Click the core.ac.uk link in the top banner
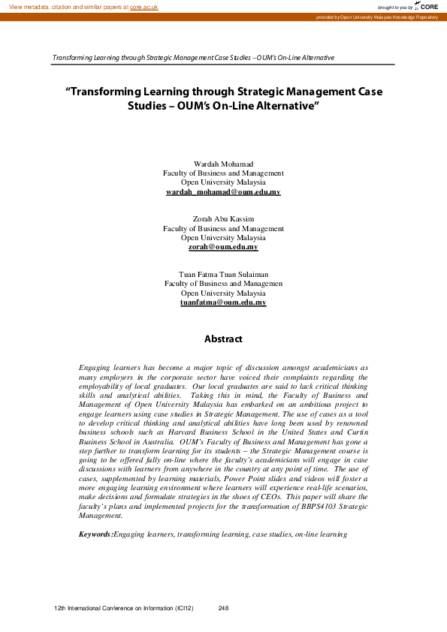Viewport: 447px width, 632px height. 143,6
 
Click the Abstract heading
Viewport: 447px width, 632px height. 223,339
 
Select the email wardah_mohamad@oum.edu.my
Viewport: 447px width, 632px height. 223,192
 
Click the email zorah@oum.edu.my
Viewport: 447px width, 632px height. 223,247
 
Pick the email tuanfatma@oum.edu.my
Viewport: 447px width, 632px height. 223,302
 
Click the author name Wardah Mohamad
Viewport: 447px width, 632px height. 223,163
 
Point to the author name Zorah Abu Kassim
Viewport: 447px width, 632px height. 223,218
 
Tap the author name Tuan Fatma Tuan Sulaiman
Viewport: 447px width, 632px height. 223,274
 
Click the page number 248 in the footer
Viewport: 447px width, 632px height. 223,608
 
